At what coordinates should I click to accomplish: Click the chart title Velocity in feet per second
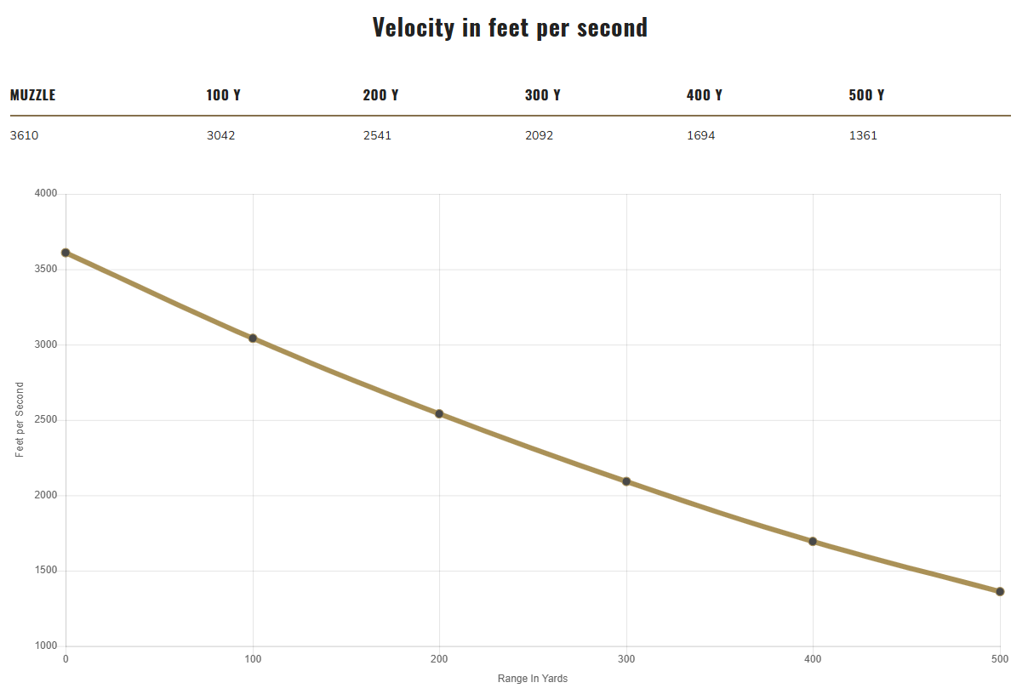[x=510, y=27]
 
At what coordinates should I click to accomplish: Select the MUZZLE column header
[x=32, y=95]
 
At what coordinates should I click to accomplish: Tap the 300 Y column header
[x=542, y=95]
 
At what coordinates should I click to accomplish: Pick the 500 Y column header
[x=866, y=95]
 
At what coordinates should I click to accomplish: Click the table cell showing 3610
[x=24, y=135]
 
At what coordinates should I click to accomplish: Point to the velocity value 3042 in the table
[x=220, y=135]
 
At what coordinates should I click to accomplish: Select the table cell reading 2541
[x=377, y=135]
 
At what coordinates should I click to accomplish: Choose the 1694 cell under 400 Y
[x=700, y=135]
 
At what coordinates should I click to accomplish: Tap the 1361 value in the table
[x=863, y=135]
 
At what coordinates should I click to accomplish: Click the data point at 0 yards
[x=66, y=253]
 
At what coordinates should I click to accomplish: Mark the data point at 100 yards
[x=253, y=338]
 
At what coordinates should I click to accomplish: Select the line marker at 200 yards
[x=439, y=414]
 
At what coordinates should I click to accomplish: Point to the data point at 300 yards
[x=626, y=481]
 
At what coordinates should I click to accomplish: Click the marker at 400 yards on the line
[x=813, y=542]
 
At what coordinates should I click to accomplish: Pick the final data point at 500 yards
[x=1000, y=592]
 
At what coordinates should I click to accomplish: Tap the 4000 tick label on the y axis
[x=46, y=194]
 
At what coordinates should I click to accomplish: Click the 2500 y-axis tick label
[x=46, y=420]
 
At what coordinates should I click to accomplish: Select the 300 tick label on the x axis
[x=626, y=659]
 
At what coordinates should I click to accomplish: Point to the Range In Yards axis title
[x=533, y=679]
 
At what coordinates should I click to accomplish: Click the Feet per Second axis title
[x=20, y=420]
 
